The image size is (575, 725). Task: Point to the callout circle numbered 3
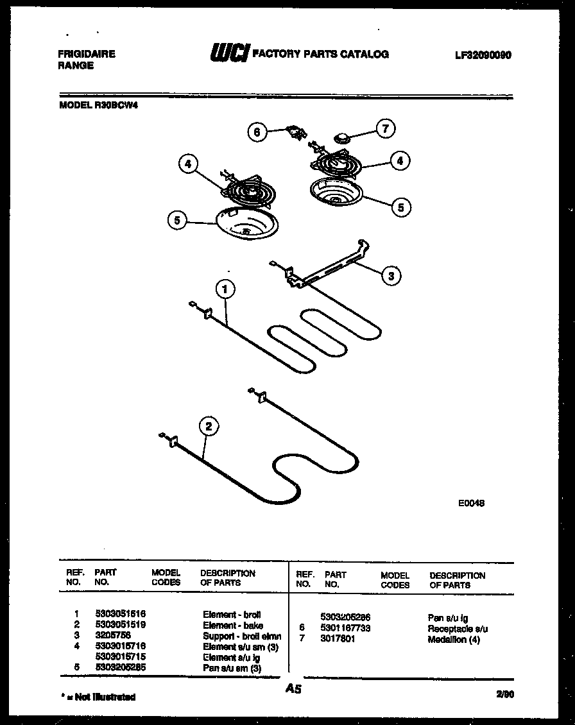point(390,275)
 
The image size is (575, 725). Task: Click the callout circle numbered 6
point(257,132)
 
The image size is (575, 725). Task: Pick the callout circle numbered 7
point(385,128)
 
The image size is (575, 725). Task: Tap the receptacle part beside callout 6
point(295,132)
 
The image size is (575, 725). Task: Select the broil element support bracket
point(327,264)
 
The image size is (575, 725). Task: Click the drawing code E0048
point(471,504)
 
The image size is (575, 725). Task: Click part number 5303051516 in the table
point(119,614)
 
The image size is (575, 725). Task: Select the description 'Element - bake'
point(233,625)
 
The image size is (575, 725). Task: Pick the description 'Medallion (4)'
point(453,640)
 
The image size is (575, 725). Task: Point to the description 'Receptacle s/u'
point(458,629)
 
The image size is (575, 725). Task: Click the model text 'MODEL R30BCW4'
point(98,107)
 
